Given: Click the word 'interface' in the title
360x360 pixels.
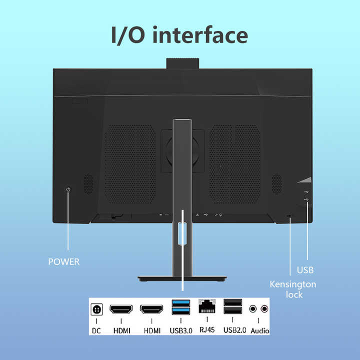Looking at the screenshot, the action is (200, 35).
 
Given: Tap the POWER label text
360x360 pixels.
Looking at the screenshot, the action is (64, 261).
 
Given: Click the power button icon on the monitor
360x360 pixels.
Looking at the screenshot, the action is (68, 189).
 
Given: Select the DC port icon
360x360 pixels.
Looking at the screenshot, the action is (96, 309).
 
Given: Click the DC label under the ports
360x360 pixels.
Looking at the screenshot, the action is (96, 330).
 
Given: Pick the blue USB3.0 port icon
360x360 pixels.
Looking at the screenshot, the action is (181, 307).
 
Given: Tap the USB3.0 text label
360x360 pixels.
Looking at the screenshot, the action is (181, 330).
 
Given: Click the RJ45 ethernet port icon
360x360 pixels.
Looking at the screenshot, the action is (207, 306).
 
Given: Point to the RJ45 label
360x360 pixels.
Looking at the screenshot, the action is (207, 329).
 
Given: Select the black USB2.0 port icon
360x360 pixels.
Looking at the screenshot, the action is (233, 306).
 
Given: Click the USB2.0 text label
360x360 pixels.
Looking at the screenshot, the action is (234, 330).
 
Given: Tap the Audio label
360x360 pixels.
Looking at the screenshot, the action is (260, 330).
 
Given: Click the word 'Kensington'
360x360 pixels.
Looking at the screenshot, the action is (293, 284).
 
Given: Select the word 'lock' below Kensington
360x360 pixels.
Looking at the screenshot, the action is (294, 294).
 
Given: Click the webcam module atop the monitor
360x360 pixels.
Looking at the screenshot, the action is (183, 63).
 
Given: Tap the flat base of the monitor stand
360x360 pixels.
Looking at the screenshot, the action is (182, 278).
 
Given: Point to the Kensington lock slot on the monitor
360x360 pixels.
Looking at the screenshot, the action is (289, 216).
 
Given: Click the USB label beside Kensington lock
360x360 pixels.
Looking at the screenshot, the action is (305, 270).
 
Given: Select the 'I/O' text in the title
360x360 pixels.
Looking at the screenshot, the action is (128, 35).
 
